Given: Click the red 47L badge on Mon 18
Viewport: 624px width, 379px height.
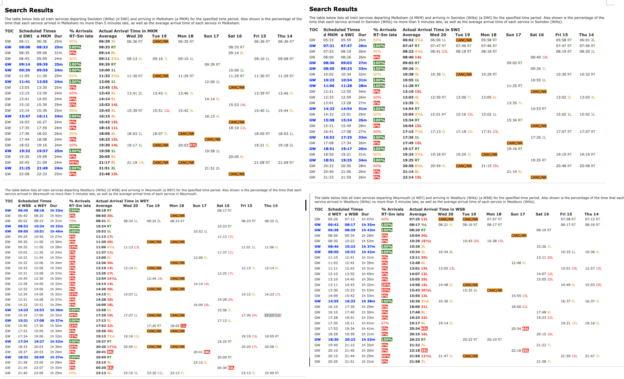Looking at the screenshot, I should click(x=193, y=145).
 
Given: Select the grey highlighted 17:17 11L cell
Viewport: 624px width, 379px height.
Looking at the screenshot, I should click(x=272, y=315).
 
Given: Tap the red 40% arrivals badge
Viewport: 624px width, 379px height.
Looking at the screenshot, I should click(x=74, y=162).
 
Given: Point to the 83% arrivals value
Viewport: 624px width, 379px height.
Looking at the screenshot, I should click(x=73, y=76).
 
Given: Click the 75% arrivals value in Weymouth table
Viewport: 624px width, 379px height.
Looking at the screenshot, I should click(x=73, y=221).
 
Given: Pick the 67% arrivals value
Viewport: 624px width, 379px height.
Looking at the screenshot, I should click(x=385, y=323).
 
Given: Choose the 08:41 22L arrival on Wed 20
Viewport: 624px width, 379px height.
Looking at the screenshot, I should click(x=439, y=51).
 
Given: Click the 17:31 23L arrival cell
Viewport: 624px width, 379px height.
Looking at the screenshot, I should click(x=490, y=132).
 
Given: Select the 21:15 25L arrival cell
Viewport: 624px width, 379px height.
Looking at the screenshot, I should click(x=490, y=166).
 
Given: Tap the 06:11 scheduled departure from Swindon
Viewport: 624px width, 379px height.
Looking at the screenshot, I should click(x=24, y=41).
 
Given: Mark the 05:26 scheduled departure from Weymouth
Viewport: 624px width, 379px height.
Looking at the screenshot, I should click(x=333, y=219).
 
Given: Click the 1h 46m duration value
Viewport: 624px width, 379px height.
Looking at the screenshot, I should click(x=57, y=231).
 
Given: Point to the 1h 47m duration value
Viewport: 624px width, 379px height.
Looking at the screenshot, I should click(x=368, y=219).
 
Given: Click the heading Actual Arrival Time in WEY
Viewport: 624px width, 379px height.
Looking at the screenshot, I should click(x=122, y=201).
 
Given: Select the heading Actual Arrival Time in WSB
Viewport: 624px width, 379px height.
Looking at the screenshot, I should click(x=437, y=209).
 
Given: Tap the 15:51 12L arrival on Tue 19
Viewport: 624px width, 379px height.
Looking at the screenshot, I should click(x=161, y=111).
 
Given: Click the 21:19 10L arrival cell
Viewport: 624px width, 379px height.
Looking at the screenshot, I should click(x=136, y=162).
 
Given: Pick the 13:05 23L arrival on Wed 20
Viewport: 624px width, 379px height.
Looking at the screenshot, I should click(x=447, y=268).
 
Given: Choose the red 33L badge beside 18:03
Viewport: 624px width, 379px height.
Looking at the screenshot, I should click(x=183, y=326).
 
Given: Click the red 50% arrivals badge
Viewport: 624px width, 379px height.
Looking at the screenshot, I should click(x=386, y=356).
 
